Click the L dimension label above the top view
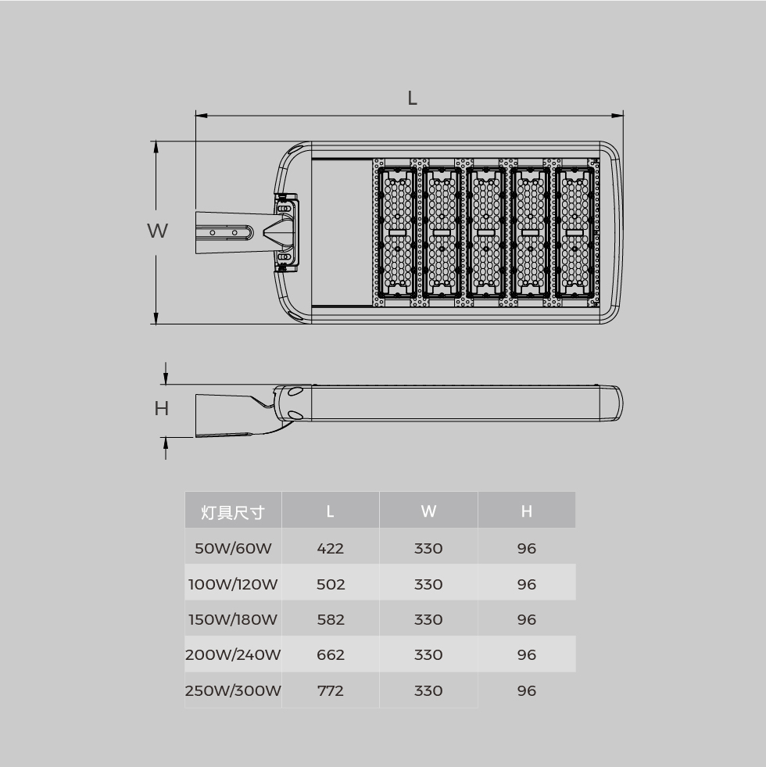(x=413, y=98)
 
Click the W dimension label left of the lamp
(x=158, y=231)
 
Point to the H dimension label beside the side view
(x=162, y=408)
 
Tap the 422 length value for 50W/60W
(x=330, y=548)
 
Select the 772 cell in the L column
(x=330, y=690)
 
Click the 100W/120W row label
(x=233, y=584)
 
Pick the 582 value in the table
(x=331, y=620)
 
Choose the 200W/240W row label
(x=233, y=654)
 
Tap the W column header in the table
(x=428, y=511)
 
